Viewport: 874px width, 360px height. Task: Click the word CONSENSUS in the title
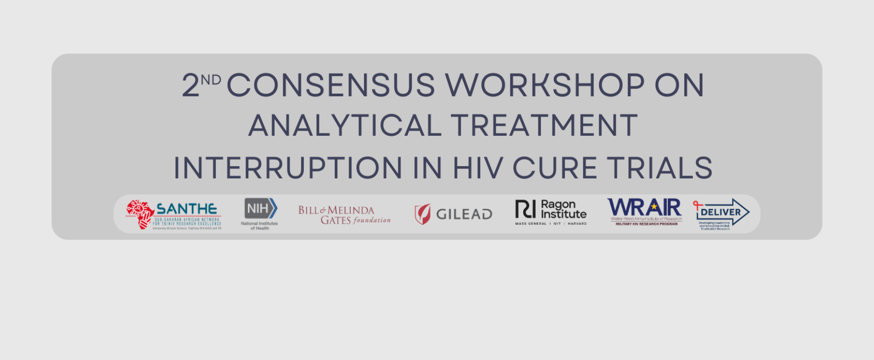pyautogui.click(x=331, y=85)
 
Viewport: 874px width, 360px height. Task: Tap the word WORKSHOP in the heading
pyautogui.click(x=544, y=85)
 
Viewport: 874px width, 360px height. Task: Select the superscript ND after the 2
pyautogui.click(x=211, y=80)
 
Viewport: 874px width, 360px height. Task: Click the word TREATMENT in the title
pyautogui.click(x=544, y=126)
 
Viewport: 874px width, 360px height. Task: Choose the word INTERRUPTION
pyautogui.click(x=288, y=168)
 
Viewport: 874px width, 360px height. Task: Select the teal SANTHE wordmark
pyautogui.click(x=187, y=209)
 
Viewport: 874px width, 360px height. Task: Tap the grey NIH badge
pyautogui.click(x=260, y=209)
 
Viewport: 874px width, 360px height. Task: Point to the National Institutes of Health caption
pyautogui.click(x=259, y=226)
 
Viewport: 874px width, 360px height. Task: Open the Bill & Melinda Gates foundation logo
pyautogui.click(x=344, y=215)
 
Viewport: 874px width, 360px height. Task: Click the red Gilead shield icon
pyautogui.click(x=423, y=214)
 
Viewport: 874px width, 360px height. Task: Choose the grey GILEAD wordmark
pyautogui.click(x=464, y=214)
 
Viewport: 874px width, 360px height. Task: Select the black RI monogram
pyautogui.click(x=525, y=209)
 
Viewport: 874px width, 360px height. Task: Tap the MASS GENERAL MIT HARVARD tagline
pyautogui.click(x=551, y=224)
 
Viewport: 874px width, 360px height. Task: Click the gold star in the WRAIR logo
pyautogui.click(x=653, y=207)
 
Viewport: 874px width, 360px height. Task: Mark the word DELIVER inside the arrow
pyautogui.click(x=721, y=212)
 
